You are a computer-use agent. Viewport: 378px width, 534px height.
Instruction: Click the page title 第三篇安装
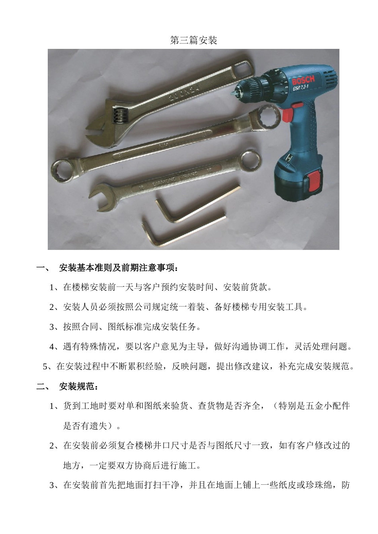point(193,41)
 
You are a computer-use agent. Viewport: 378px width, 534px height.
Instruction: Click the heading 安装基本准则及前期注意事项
point(118,268)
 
